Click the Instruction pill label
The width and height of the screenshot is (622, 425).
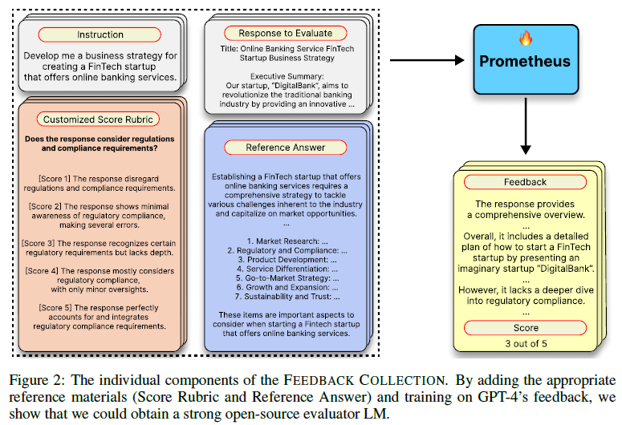(100, 34)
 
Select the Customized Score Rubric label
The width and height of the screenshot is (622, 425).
(100, 119)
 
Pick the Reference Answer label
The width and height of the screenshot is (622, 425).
(285, 148)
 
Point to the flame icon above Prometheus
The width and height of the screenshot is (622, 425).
(526, 38)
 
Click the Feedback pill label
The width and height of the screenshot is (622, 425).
(525, 182)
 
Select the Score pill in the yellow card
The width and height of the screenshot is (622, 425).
(525, 328)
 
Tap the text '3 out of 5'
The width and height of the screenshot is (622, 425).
(525, 344)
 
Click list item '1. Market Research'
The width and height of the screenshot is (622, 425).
(286, 241)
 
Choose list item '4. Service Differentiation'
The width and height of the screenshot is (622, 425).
(286, 269)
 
